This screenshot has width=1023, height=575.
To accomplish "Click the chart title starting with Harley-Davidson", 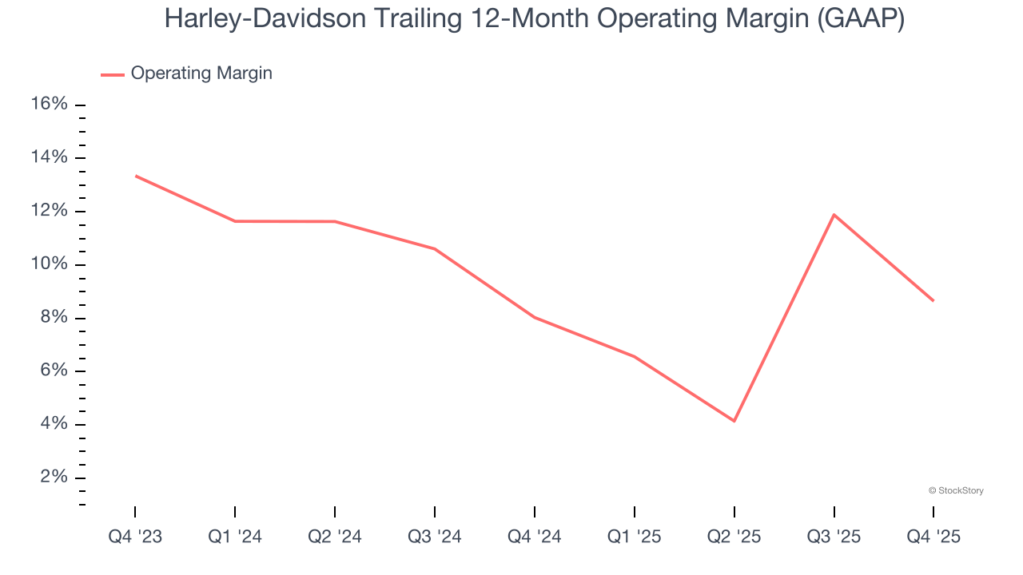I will (x=534, y=19).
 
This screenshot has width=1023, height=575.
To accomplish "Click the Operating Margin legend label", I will (x=201, y=73).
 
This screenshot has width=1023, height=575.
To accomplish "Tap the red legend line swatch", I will (x=113, y=74).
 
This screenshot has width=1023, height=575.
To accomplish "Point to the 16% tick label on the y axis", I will (x=50, y=105).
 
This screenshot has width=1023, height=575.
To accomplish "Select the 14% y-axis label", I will (x=50, y=157).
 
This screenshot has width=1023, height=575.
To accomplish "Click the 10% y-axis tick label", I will (x=50, y=264).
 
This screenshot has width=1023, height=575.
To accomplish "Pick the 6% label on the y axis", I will (x=54, y=371).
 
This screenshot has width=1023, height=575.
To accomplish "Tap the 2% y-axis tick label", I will (x=54, y=478).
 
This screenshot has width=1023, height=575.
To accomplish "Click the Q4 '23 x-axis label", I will (x=135, y=537).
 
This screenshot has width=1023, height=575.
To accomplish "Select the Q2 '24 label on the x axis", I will (x=335, y=537).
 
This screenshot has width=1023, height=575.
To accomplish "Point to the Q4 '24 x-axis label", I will (x=535, y=537).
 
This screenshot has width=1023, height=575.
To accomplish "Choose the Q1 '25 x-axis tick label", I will (x=635, y=537).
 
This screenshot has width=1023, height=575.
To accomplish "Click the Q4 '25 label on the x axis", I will (x=933, y=537).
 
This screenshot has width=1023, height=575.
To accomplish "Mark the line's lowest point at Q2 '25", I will (x=734, y=421).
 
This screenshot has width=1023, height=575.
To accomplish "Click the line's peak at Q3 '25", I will (x=834, y=215).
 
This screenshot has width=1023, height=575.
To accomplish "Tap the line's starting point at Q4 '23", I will (x=136, y=176).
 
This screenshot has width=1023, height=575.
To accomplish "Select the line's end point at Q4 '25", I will (x=933, y=301).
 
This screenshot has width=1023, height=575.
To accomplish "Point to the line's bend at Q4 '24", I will (x=535, y=318).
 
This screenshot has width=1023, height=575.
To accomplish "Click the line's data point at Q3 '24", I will (x=435, y=249).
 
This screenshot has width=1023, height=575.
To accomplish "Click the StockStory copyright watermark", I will (x=956, y=490).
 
